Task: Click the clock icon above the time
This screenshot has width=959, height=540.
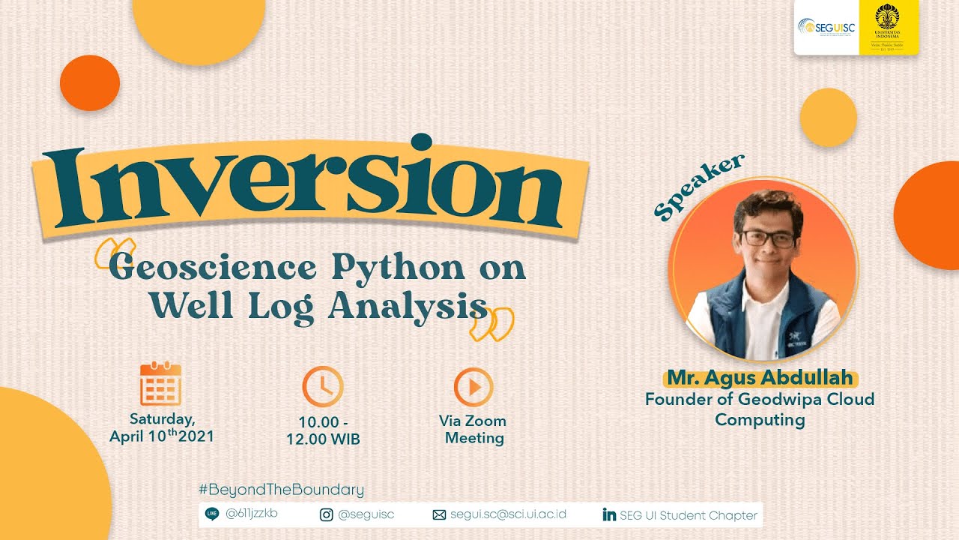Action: (x=322, y=386)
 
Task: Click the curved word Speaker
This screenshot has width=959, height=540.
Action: (x=698, y=187)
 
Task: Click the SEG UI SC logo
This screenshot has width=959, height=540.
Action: (x=825, y=28)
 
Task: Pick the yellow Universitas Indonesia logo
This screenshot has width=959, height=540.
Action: (x=889, y=28)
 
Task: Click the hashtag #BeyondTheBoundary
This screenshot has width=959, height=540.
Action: (x=281, y=490)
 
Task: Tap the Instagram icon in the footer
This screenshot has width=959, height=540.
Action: (x=327, y=514)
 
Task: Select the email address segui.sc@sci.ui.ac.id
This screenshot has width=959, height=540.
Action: (x=508, y=514)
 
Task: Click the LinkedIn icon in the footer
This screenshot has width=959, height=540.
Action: (x=609, y=514)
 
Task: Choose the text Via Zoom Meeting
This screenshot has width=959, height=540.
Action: (x=473, y=429)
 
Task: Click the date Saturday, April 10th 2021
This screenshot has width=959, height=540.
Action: (x=162, y=427)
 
